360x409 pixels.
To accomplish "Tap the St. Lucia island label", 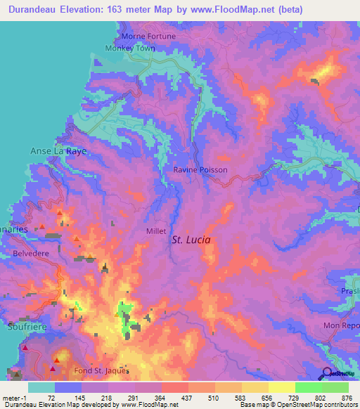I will click(x=192, y=240).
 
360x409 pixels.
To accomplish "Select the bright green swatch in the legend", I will click(x=309, y=387).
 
